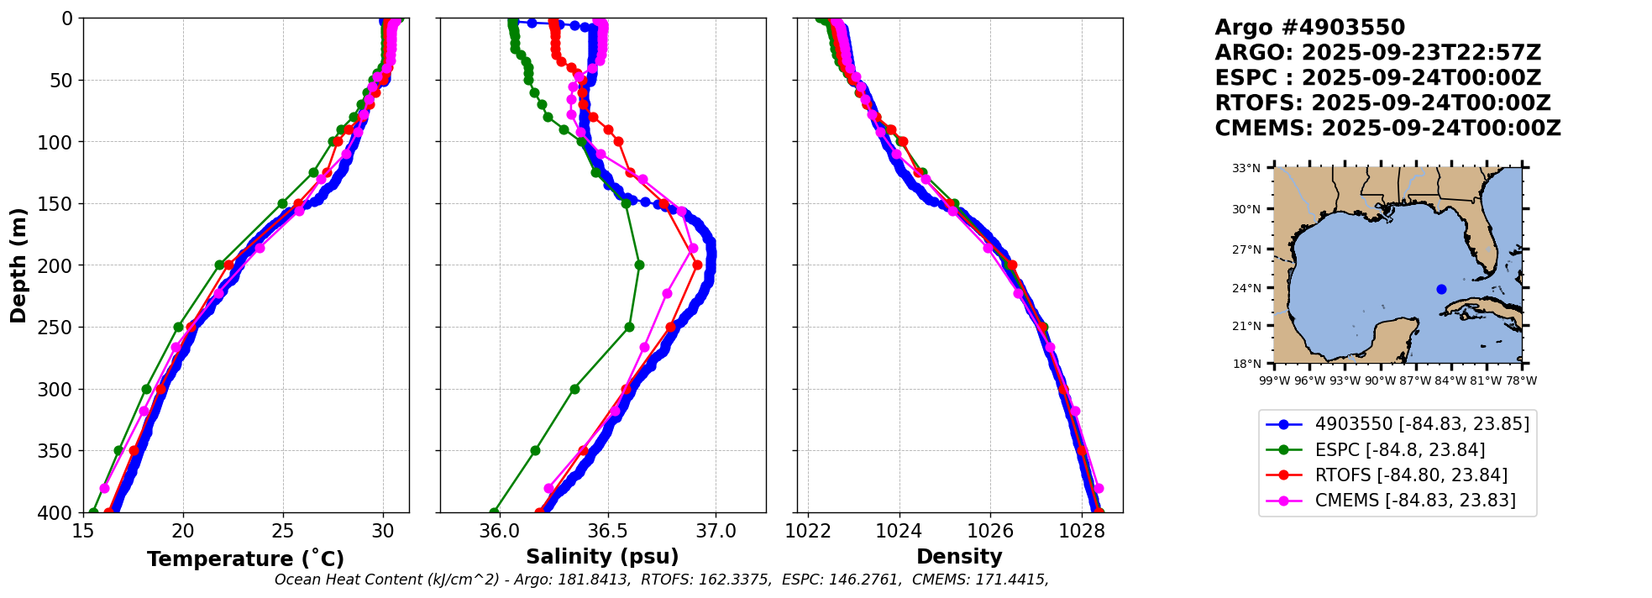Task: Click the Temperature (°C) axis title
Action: point(245,559)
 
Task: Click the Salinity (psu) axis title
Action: point(602,557)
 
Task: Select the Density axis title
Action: point(959,557)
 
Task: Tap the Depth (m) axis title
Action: point(18,265)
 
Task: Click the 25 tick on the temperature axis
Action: point(283,531)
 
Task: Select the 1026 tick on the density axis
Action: point(990,531)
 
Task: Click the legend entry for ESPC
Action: point(1399,450)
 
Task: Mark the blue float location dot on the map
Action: point(1441,289)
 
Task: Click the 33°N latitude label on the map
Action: point(1246,169)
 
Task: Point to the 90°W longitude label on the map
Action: point(1380,380)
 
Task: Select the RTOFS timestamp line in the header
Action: point(1382,103)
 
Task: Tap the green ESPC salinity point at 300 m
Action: point(574,389)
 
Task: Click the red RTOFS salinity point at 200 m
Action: point(697,265)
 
